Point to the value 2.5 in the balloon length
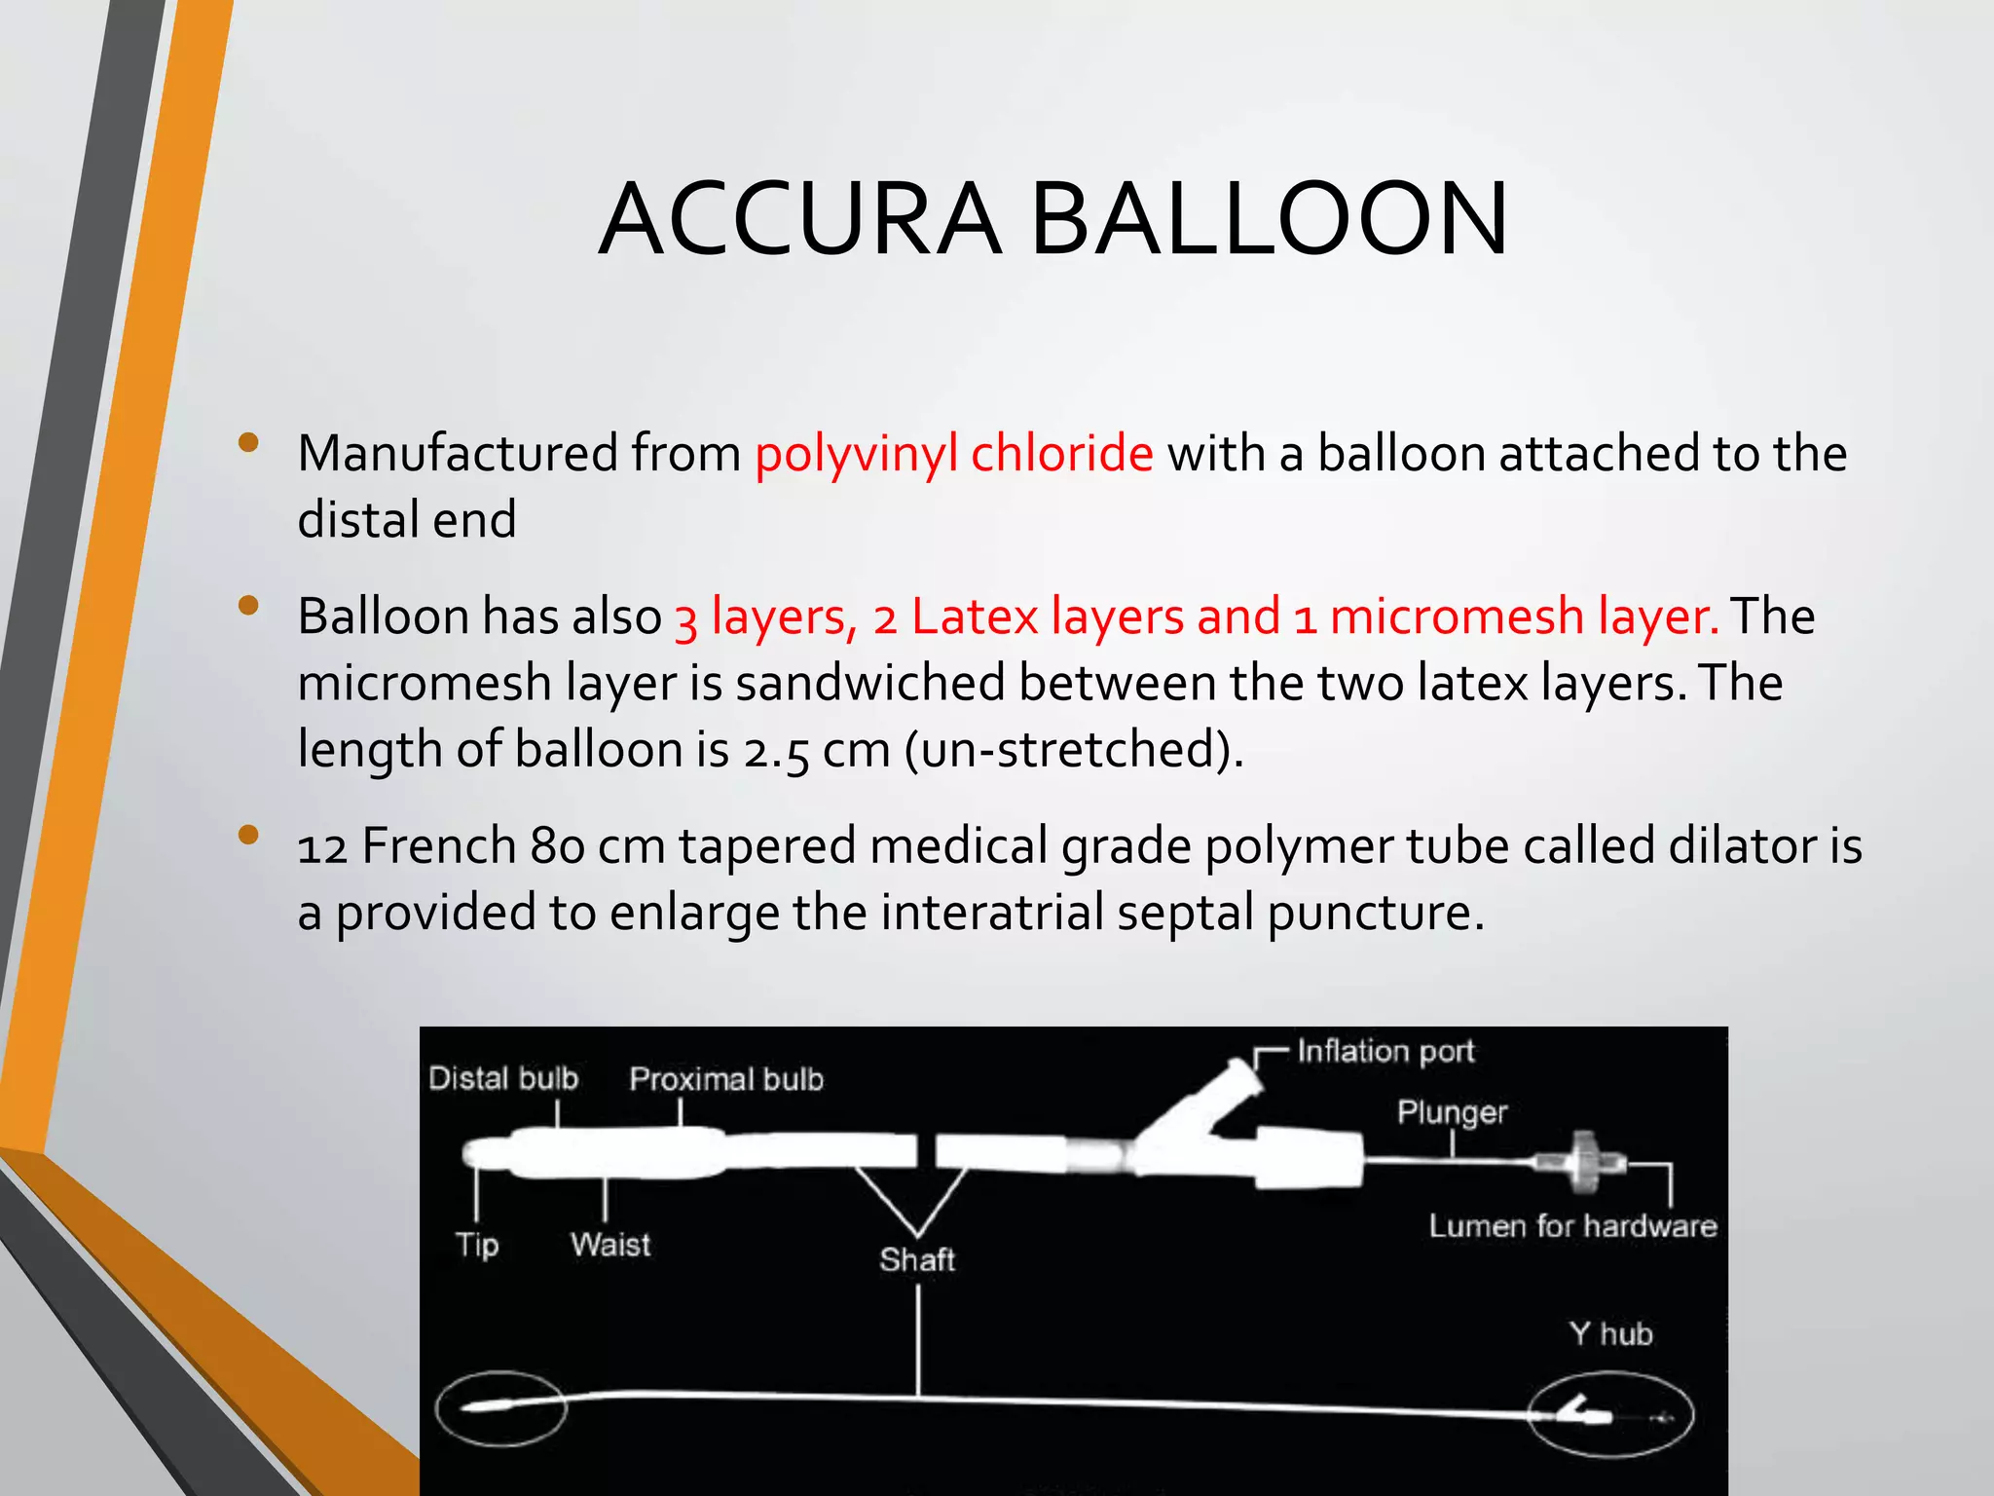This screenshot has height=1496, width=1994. click(x=776, y=750)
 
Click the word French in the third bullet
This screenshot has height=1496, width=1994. click(x=439, y=845)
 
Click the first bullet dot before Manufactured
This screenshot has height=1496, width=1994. click(x=248, y=443)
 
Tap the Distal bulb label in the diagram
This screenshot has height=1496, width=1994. click(x=503, y=1078)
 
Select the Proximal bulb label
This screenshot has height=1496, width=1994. click(x=726, y=1079)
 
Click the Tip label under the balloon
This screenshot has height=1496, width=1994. click(x=477, y=1245)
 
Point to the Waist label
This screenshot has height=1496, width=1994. click(x=610, y=1245)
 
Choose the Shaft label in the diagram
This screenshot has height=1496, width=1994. click(x=917, y=1259)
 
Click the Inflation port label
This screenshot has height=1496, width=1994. click(x=1385, y=1051)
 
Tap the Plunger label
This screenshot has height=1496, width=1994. click(x=1452, y=1112)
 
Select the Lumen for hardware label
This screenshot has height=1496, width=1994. click(x=1572, y=1225)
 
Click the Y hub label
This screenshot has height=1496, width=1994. click(x=1611, y=1333)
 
